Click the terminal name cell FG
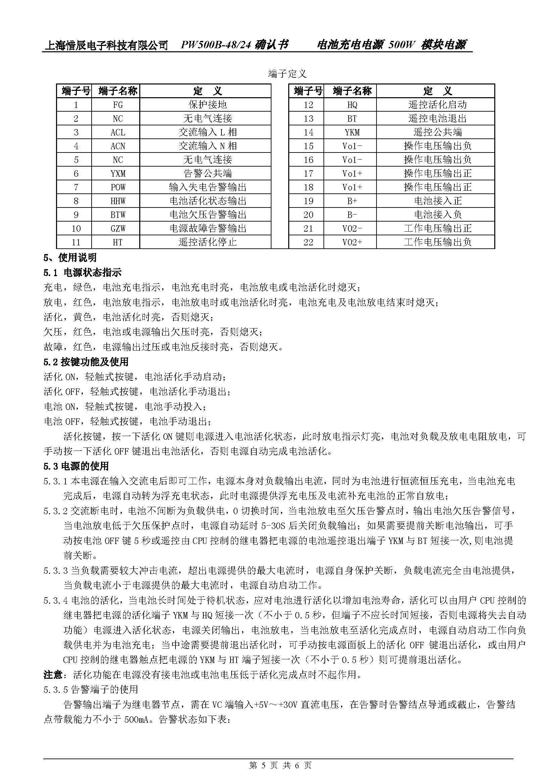(117, 105)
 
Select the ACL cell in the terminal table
(117, 132)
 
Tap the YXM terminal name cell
(117, 174)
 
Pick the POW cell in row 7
(117, 187)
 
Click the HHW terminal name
(117, 201)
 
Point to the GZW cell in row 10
(117, 229)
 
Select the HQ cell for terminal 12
(352, 105)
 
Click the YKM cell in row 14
(352, 132)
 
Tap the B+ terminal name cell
(352, 201)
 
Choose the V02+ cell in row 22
(352, 242)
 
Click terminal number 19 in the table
(308, 201)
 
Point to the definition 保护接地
(208, 105)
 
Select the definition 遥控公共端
(438, 132)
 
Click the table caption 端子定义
(288, 73)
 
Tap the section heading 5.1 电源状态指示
(82, 273)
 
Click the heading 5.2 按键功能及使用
(86, 362)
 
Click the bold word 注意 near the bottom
(53, 675)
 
